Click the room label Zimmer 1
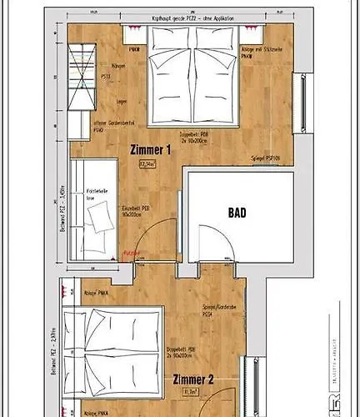(x=151, y=150)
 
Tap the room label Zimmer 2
(x=194, y=379)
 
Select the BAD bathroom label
(x=237, y=214)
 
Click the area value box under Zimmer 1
(x=150, y=165)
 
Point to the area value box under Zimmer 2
(x=192, y=390)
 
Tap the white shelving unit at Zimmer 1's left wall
(x=81, y=83)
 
